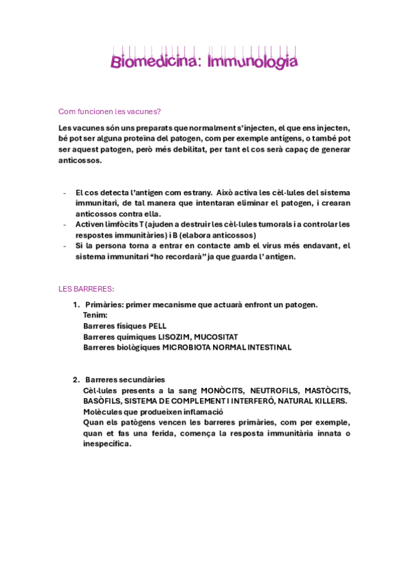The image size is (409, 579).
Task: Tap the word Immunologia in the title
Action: (x=253, y=62)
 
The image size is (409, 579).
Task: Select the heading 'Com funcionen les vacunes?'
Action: (x=109, y=111)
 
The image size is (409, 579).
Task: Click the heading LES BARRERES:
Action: (x=86, y=289)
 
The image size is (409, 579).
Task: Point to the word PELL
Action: (x=158, y=326)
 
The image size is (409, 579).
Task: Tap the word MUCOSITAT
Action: (x=216, y=337)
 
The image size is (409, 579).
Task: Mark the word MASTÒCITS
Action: (x=327, y=391)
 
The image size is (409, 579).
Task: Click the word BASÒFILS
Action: (x=102, y=401)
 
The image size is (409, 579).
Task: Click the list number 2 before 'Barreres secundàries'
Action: (x=75, y=380)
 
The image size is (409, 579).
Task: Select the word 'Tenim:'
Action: (x=96, y=315)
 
